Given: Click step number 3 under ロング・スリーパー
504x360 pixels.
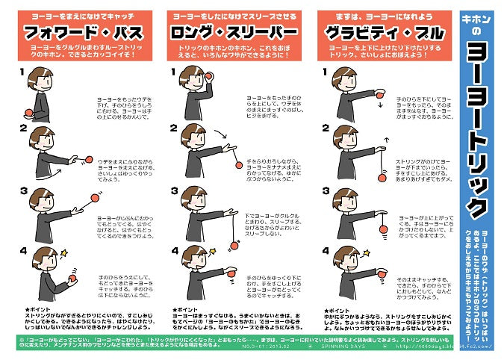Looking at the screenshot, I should [174, 191].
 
